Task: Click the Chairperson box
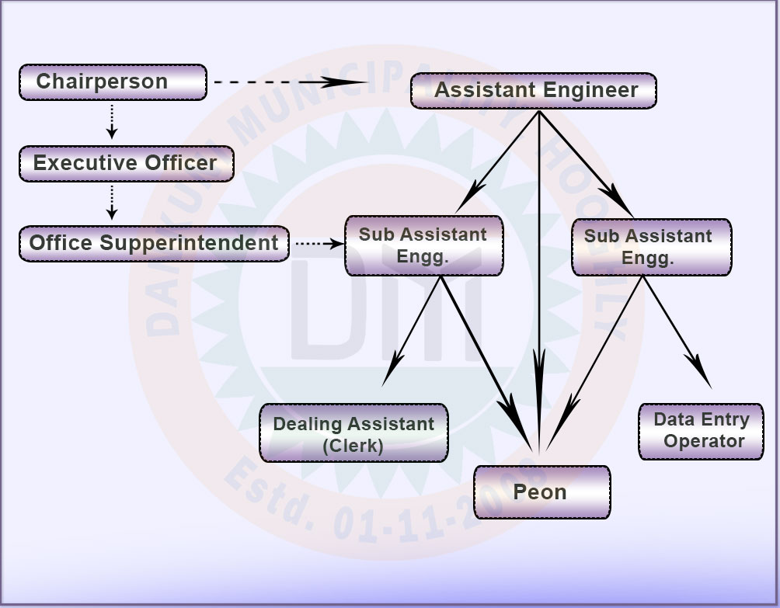click(x=113, y=82)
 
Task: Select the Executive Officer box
click(x=126, y=164)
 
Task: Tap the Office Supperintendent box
click(x=154, y=243)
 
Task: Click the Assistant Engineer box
click(x=534, y=90)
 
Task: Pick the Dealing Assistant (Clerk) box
click(x=353, y=433)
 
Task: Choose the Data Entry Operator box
click(x=702, y=431)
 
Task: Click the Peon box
click(x=541, y=492)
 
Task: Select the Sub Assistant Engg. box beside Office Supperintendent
click(x=423, y=245)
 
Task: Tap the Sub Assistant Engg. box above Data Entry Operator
click(x=650, y=247)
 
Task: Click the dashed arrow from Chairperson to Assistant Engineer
click(x=287, y=82)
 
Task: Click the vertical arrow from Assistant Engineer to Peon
click(x=539, y=280)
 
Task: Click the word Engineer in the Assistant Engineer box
click(x=590, y=90)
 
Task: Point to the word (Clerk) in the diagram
click(x=353, y=446)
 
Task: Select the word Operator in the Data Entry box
click(x=704, y=442)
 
